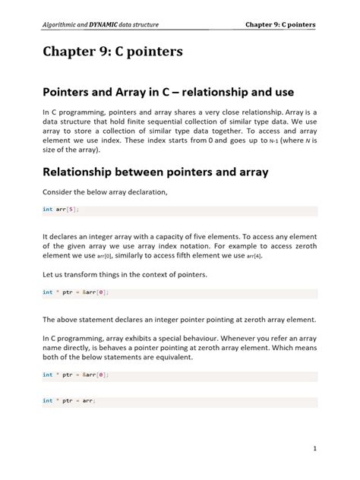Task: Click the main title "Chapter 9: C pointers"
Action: pos(114,54)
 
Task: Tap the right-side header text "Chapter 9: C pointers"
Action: pos(280,24)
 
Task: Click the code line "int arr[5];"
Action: pos(61,209)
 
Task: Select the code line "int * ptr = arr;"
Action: pos(69,400)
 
